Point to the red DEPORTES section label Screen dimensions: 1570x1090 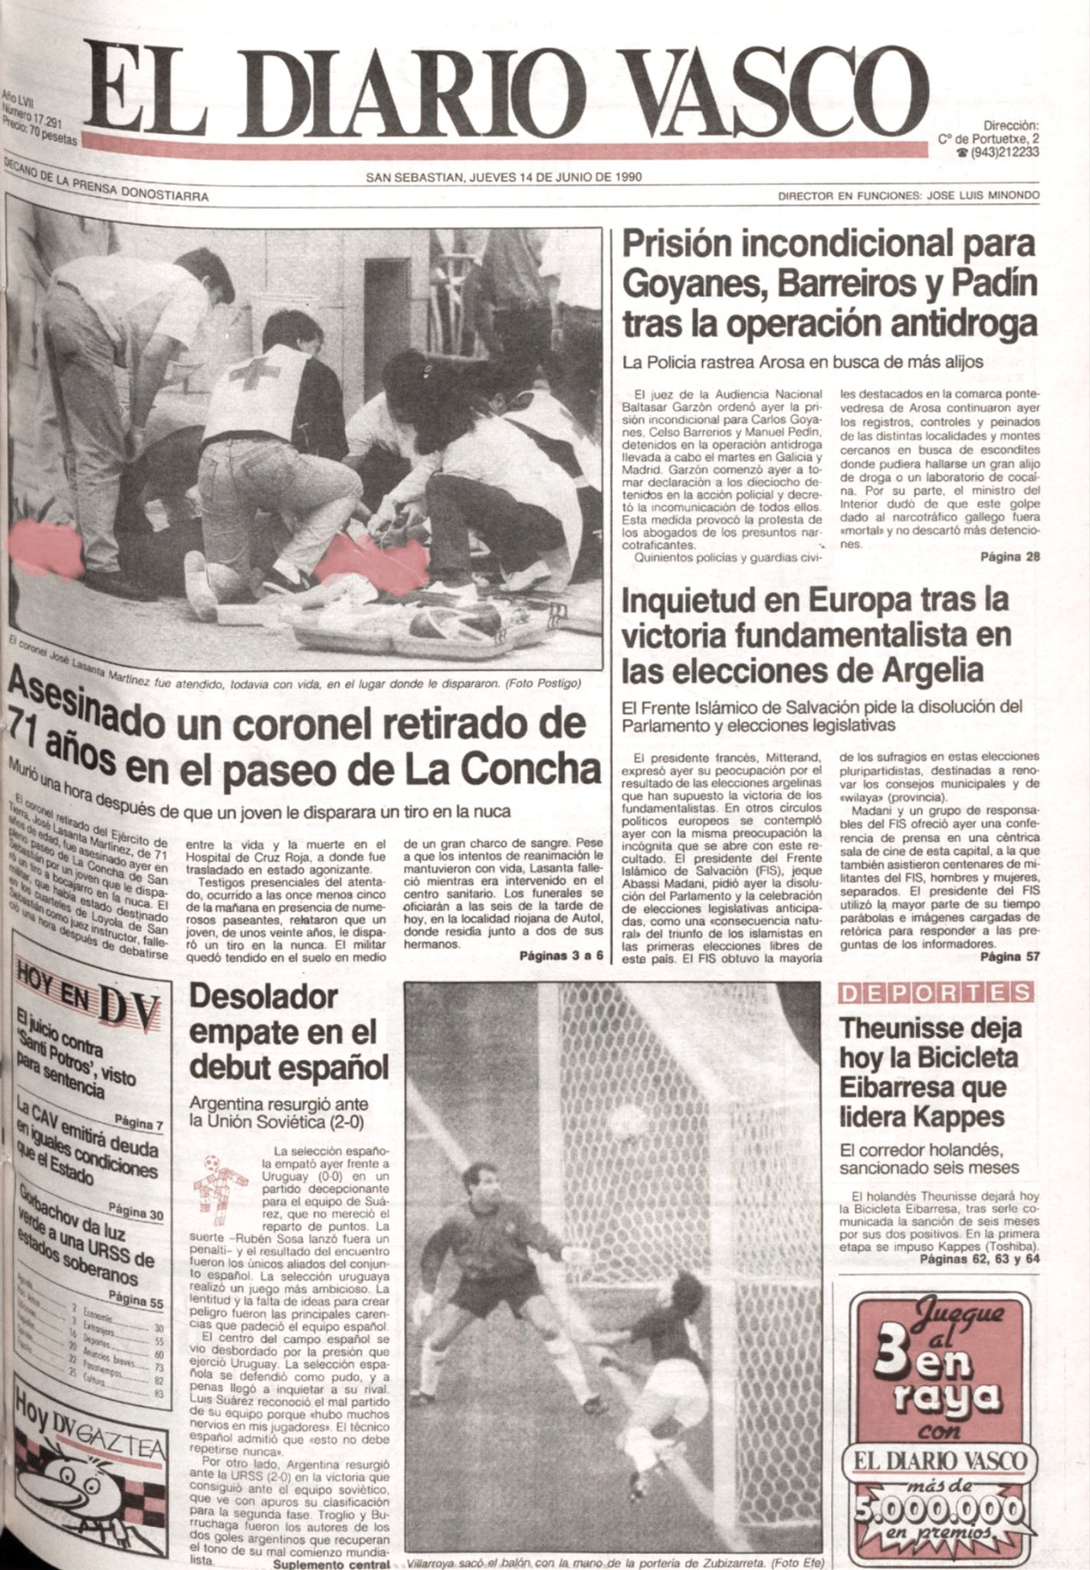coord(936,993)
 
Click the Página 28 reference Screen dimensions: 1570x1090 coord(1010,557)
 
